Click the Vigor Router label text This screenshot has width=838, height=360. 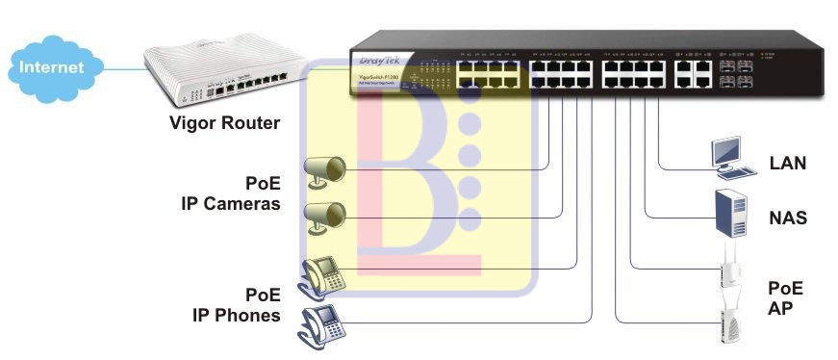(x=224, y=123)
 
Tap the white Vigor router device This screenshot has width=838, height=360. (x=227, y=77)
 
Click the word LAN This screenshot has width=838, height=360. (x=787, y=165)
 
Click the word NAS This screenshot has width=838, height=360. (x=787, y=219)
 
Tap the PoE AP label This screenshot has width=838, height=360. (x=785, y=297)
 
